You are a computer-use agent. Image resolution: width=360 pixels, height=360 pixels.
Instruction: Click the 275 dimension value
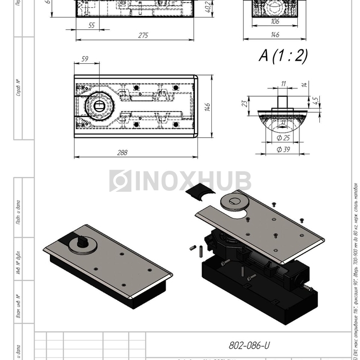tap(143, 35)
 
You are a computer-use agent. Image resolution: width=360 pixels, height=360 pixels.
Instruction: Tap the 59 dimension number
tap(85, 60)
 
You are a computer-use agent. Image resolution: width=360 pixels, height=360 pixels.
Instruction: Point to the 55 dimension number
tap(91, 25)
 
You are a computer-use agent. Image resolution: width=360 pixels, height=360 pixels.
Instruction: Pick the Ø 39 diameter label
tap(282, 149)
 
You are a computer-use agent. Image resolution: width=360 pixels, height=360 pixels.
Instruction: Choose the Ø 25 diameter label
tap(283, 138)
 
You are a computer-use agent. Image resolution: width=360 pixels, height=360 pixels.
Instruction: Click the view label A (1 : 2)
tap(283, 56)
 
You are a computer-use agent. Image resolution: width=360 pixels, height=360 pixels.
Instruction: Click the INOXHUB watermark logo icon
tap(120, 181)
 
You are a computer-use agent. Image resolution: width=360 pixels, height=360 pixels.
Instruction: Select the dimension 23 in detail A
tap(245, 103)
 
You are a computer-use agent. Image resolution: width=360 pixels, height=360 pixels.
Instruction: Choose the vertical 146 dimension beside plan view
tap(207, 107)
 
